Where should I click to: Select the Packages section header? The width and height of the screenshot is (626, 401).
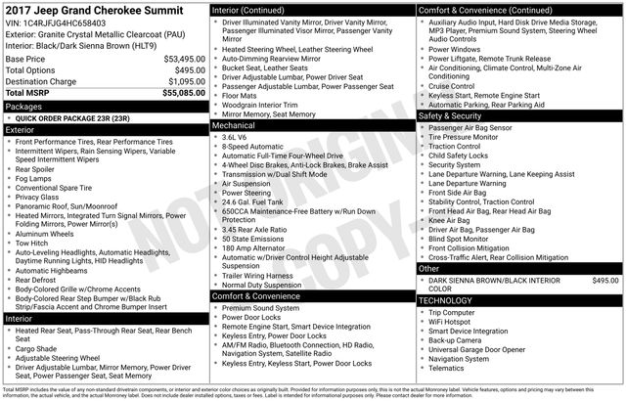click(x=24, y=105)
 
